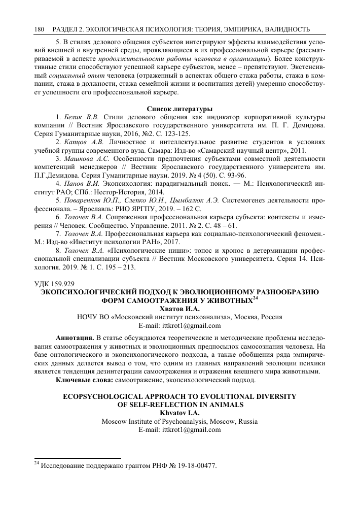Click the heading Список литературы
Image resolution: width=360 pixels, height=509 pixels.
coord(179,109)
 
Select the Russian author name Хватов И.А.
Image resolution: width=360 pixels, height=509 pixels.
coord(179,308)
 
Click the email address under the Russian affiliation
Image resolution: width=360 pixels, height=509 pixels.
coord(179,325)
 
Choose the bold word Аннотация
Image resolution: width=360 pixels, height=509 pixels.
coord(75,338)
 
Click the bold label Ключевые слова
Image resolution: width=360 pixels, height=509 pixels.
coord(85,380)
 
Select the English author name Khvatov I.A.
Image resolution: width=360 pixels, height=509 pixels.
coord(179,413)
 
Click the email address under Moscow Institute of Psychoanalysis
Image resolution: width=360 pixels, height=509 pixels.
coord(179,430)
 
